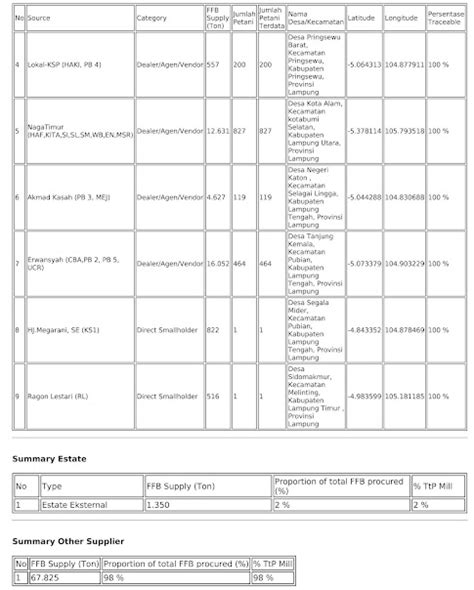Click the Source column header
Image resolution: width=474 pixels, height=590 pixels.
click(x=39, y=18)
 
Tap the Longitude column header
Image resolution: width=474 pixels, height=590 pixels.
click(x=401, y=18)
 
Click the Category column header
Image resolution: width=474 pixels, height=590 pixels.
click(x=151, y=18)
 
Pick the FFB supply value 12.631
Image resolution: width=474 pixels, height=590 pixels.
click(x=218, y=131)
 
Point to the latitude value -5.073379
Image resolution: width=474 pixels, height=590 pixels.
click(x=362, y=263)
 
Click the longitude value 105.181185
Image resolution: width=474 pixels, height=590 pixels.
click(x=404, y=396)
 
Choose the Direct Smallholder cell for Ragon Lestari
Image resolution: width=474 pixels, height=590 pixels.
click(x=167, y=396)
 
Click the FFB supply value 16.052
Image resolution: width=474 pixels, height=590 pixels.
click(x=218, y=263)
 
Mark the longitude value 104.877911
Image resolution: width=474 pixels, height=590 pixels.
click(x=404, y=65)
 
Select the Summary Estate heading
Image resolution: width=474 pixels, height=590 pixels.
click(x=49, y=458)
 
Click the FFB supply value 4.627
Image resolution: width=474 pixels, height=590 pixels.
click(x=216, y=197)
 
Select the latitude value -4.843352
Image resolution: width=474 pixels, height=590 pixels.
click(x=362, y=329)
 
